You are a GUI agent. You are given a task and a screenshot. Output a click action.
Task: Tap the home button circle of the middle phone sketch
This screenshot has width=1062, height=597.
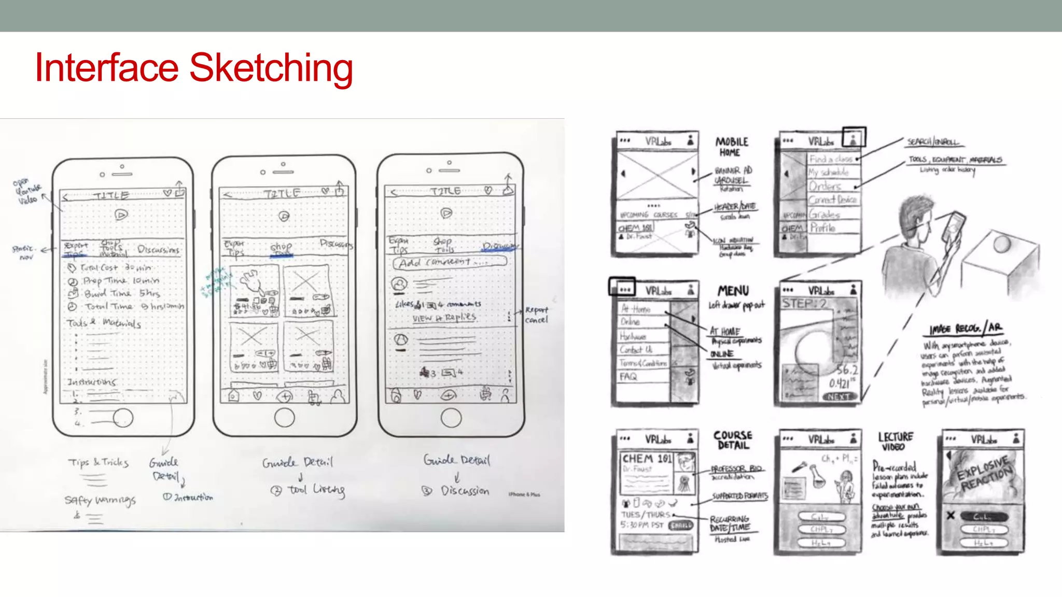284,417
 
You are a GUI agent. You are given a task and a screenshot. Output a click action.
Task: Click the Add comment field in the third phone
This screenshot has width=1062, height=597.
449,262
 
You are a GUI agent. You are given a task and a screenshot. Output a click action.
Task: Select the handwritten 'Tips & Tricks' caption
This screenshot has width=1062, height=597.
98,462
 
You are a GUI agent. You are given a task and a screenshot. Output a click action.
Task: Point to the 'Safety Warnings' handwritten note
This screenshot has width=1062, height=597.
100,500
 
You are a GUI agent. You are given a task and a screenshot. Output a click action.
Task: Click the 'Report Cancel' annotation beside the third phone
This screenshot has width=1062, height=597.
536,315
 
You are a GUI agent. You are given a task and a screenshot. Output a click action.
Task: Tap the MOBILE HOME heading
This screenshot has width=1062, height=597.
731,147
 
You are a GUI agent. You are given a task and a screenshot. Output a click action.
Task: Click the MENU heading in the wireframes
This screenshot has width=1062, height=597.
733,291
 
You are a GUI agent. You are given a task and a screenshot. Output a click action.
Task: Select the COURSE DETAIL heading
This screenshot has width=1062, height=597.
732,440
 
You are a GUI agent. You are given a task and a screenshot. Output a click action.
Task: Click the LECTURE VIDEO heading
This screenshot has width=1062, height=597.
895,442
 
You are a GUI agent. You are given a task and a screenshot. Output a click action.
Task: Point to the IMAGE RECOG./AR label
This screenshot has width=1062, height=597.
966,329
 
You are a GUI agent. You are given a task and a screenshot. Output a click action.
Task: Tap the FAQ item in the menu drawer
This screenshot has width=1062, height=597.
628,377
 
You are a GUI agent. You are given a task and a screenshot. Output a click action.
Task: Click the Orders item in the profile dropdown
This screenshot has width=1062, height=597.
825,186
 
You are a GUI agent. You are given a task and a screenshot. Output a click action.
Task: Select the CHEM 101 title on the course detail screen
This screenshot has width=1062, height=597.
646,459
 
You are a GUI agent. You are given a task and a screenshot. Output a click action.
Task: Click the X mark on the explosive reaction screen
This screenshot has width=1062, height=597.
950,516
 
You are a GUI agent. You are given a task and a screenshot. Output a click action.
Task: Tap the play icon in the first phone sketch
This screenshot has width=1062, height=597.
121,215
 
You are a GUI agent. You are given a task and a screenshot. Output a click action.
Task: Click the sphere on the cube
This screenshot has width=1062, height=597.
1001,244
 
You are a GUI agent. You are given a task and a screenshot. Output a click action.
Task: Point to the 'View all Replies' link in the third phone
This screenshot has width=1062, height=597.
444,318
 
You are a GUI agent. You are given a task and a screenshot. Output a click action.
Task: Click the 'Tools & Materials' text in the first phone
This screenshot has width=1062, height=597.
104,323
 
